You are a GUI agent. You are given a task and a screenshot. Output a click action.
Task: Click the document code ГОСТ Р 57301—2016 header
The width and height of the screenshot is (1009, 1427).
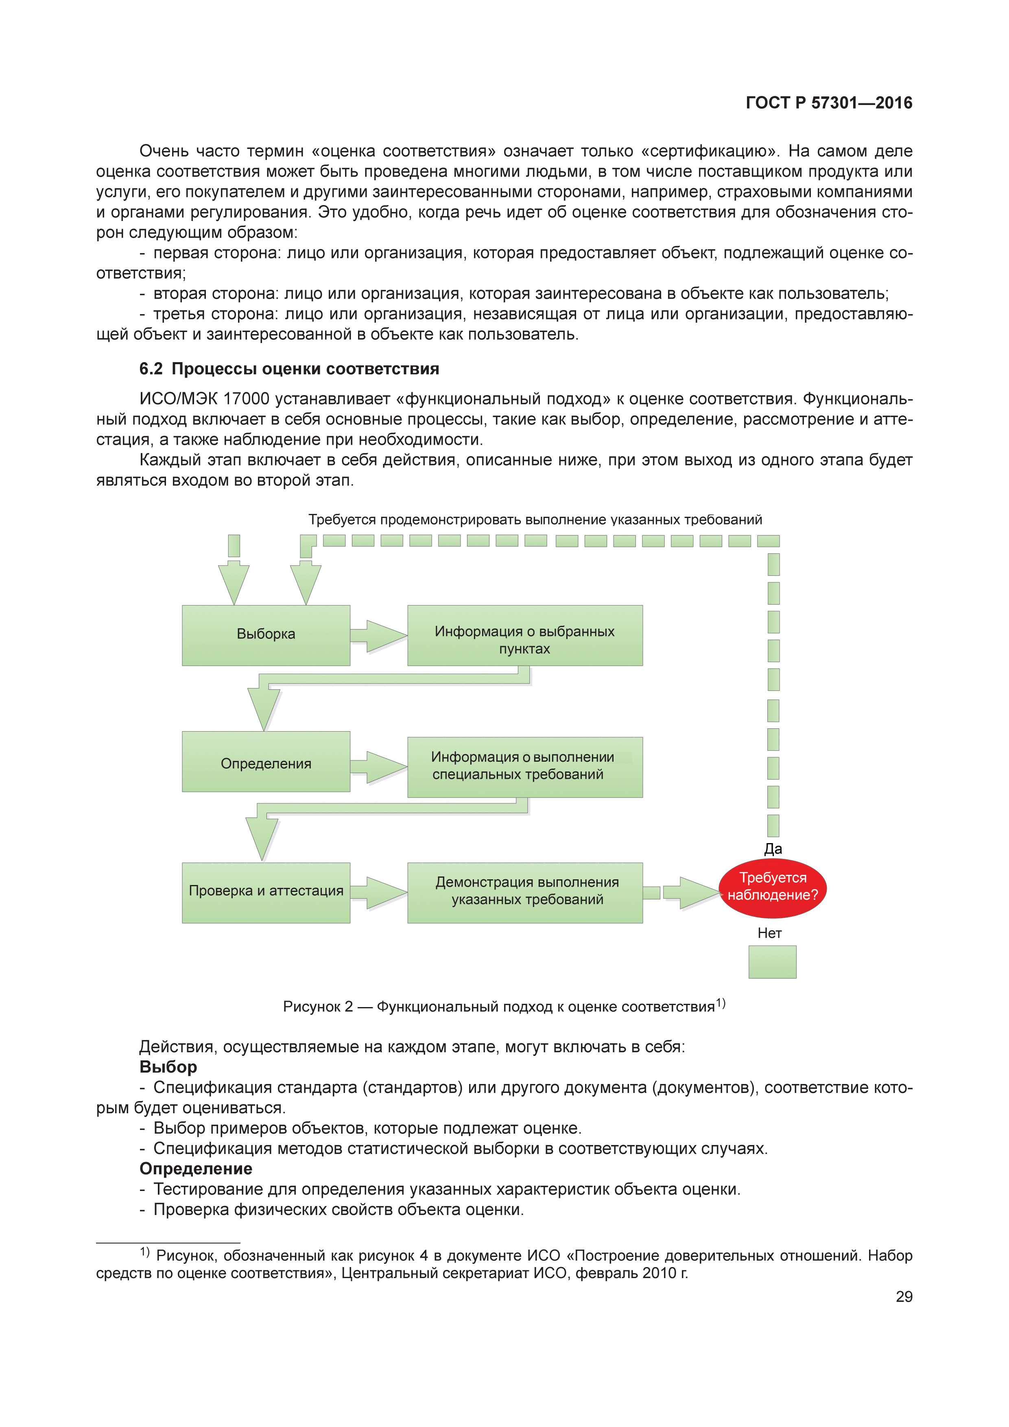(x=828, y=103)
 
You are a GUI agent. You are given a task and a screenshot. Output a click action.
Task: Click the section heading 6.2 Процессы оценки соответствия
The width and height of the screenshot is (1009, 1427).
(x=289, y=369)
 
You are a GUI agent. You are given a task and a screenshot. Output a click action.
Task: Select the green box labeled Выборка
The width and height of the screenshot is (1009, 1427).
(x=266, y=635)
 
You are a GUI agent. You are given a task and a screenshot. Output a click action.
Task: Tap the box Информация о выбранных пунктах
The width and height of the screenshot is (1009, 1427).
(x=524, y=635)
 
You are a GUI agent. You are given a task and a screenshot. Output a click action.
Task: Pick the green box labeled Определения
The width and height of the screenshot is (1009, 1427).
(x=266, y=762)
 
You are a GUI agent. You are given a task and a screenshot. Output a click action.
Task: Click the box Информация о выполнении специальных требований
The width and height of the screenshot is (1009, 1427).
(x=524, y=767)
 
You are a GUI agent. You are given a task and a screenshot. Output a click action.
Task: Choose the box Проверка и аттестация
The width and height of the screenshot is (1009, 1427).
(x=266, y=892)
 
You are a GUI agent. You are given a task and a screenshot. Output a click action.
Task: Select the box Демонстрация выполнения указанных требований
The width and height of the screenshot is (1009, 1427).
(x=524, y=892)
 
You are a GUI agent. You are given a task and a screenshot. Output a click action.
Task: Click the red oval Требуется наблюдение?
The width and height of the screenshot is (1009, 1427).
(x=772, y=887)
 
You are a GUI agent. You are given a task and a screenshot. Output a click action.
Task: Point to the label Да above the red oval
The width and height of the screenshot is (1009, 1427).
(x=773, y=849)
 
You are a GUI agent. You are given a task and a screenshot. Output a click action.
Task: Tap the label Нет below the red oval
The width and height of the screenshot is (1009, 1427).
(x=769, y=933)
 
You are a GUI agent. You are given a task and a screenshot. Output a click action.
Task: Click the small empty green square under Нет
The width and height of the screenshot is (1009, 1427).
(x=772, y=962)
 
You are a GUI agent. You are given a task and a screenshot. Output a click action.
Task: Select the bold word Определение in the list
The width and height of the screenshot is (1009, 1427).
(x=196, y=1169)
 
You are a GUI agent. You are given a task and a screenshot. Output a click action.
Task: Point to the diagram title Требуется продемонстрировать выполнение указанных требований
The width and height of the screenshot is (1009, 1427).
(x=535, y=520)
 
